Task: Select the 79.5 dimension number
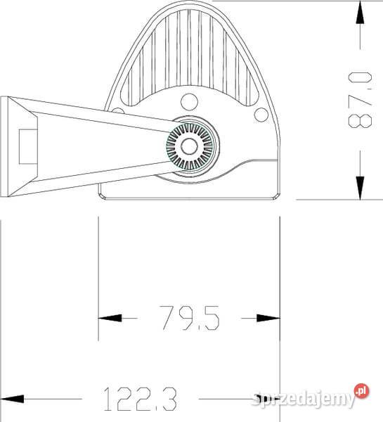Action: (189, 318)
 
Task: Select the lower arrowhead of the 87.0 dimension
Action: (360, 186)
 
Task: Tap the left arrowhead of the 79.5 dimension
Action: (109, 319)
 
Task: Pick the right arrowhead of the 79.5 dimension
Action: (268, 319)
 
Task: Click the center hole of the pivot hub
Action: (188, 146)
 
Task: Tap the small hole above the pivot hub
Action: (188, 101)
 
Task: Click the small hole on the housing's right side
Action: (261, 114)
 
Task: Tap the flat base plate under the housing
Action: (190, 194)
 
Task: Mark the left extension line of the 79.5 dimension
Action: (98, 281)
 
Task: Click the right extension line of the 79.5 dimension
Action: (280, 281)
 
